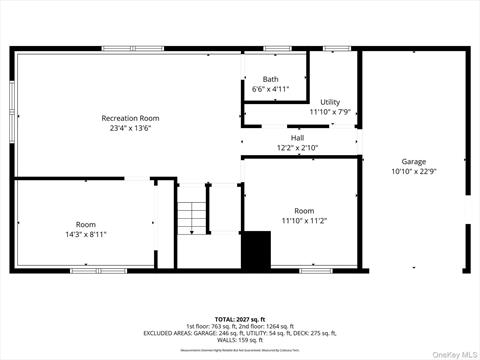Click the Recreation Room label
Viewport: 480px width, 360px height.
click(130, 118)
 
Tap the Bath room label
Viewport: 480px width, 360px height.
click(270, 79)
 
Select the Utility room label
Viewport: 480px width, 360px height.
click(330, 102)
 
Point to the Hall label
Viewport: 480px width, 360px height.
click(297, 138)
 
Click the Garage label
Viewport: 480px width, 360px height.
click(413, 161)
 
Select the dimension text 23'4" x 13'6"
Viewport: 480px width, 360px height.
click(130, 128)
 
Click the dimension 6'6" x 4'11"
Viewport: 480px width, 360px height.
click(270, 89)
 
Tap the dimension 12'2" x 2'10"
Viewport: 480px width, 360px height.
click(297, 148)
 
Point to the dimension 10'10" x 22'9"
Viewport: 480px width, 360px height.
click(413, 171)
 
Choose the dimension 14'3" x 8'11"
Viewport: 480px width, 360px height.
click(86, 234)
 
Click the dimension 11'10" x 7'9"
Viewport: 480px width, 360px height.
click(330, 112)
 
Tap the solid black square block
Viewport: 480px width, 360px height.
click(257, 249)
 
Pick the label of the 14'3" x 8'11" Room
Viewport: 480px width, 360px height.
click(86, 224)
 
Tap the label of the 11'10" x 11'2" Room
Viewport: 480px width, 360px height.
click(304, 210)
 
